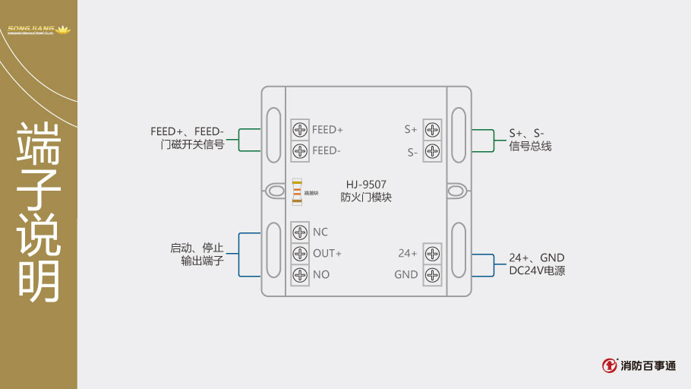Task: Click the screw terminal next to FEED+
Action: (x=300, y=129)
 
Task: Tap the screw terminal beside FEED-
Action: (x=300, y=150)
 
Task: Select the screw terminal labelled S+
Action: (x=432, y=129)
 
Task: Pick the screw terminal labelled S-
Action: (x=432, y=150)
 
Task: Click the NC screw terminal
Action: (x=300, y=232)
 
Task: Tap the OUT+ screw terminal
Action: (x=300, y=253)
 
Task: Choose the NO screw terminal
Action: (x=300, y=274)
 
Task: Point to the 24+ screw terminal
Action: (x=432, y=253)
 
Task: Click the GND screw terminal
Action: (x=432, y=274)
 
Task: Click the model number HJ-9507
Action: (x=366, y=184)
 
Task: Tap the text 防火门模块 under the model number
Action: (x=366, y=198)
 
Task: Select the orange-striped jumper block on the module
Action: (x=297, y=192)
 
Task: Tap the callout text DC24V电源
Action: (x=537, y=270)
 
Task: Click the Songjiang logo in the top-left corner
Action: (x=38, y=30)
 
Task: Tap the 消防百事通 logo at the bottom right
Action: (x=639, y=365)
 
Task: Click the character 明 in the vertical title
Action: (x=39, y=280)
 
